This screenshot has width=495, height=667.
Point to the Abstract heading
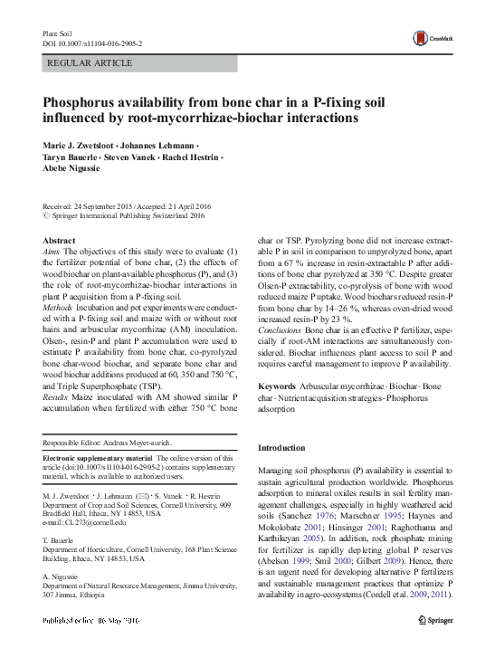click(59, 240)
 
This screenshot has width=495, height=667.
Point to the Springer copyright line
click(124, 215)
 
